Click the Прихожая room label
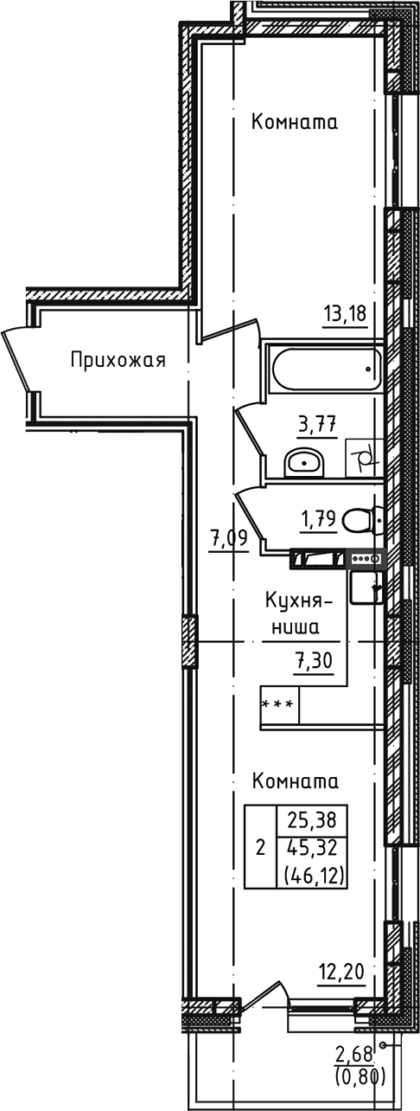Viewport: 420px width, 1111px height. point(118,360)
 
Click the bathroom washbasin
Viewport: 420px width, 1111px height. point(303,463)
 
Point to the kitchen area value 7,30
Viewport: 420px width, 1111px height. point(315,663)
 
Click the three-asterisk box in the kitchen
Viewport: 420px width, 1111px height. point(280,705)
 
